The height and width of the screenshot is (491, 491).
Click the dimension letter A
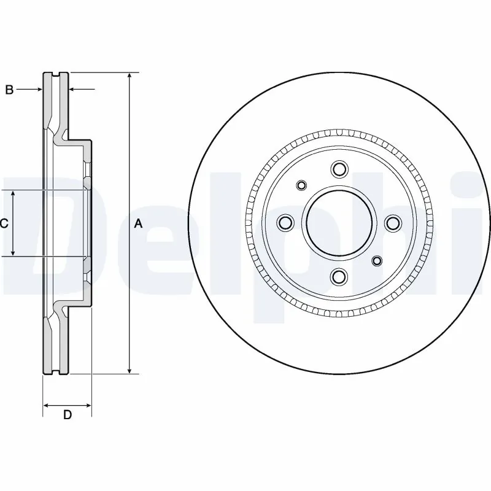click(x=138, y=223)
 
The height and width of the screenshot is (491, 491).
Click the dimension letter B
click(x=9, y=90)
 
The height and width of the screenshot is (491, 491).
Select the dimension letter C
click(x=4, y=223)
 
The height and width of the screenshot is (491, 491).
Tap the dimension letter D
click(x=68, y=415)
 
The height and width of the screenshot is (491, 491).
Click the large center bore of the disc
click(x=339, y=223)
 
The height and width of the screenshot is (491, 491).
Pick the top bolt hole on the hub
click(x=339, y=169)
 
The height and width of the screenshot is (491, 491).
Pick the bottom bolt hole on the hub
click(x=339, y=277)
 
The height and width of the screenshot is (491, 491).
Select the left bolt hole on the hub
click(x=285, y=223)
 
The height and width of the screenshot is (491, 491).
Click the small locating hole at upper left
click(x=301, y=185)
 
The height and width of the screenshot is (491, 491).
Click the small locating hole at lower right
click(x=377, y=262)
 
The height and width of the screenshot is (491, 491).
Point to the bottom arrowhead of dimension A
click(x=130, y=370)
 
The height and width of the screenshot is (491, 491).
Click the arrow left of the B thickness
click(x=39, y=90)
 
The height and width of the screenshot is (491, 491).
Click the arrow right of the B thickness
click(x=72, y=90)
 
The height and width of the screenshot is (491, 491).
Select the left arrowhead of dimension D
click(x=46, y=405)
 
